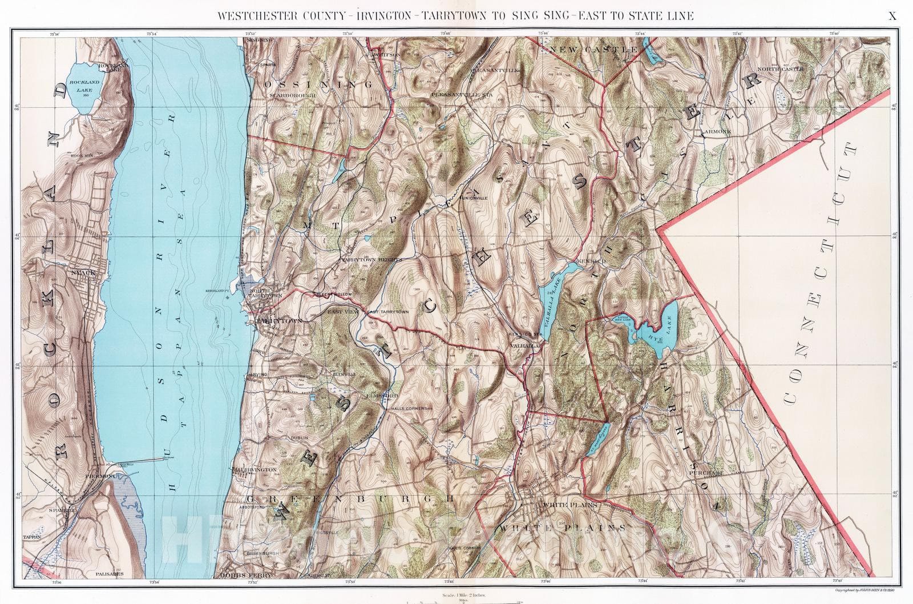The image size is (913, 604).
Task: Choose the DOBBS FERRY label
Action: [x=241, y=575]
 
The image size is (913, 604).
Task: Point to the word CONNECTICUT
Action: [x=821, y=274]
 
